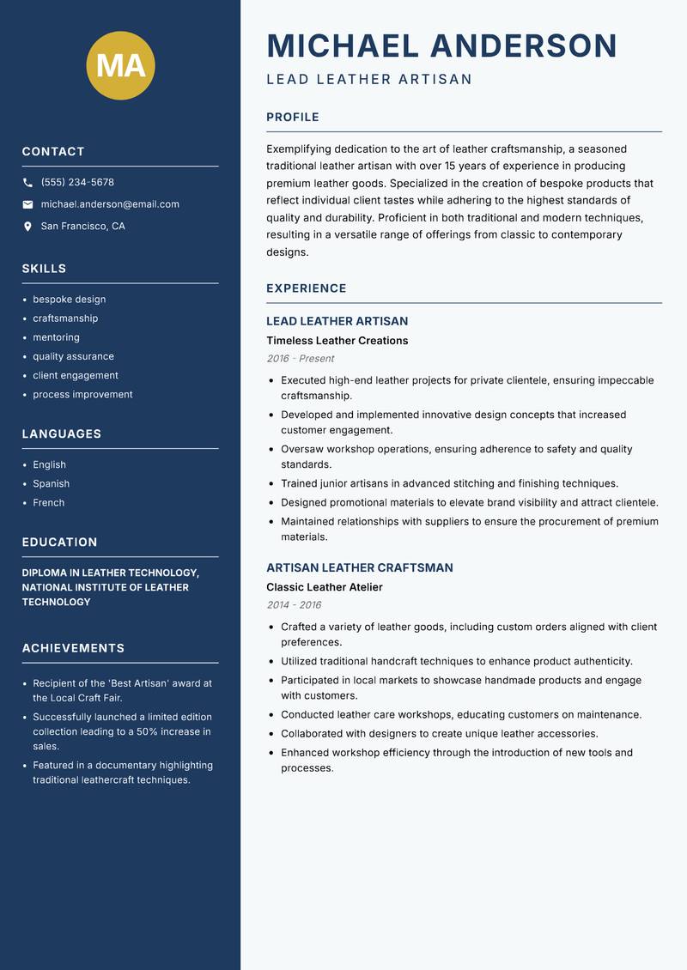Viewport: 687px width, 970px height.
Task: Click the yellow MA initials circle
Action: pos(121,65)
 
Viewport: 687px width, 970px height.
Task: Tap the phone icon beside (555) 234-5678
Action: pos(27,183)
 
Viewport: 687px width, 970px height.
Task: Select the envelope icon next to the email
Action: pos(27,204)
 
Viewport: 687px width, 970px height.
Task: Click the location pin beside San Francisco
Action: pos(27,227)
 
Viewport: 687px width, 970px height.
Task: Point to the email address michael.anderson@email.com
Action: pos(110,204)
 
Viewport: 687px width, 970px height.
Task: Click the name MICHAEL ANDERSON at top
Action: pos(442,45)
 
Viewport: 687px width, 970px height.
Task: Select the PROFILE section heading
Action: pos(293,118)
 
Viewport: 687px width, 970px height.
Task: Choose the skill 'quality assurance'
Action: pos(73,356)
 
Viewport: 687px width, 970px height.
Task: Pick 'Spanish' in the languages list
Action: pos(52,483)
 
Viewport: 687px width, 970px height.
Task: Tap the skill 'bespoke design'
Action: pos(70,300)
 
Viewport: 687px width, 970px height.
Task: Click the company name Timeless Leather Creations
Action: pos(337,341)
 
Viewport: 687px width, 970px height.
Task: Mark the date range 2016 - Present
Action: pos(301,359)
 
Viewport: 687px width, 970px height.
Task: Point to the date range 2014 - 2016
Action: pos(294,605)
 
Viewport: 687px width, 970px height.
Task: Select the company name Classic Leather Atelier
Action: pos(325,587)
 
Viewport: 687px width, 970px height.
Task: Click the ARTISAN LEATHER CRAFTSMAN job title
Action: pos(360,567)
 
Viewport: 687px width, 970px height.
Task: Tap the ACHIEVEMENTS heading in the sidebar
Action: pos(73,648)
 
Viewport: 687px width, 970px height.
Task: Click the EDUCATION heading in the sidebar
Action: pos(59,543)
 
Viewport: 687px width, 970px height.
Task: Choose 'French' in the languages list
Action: pos(49,502)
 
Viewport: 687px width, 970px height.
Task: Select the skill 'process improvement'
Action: pos(82,394)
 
